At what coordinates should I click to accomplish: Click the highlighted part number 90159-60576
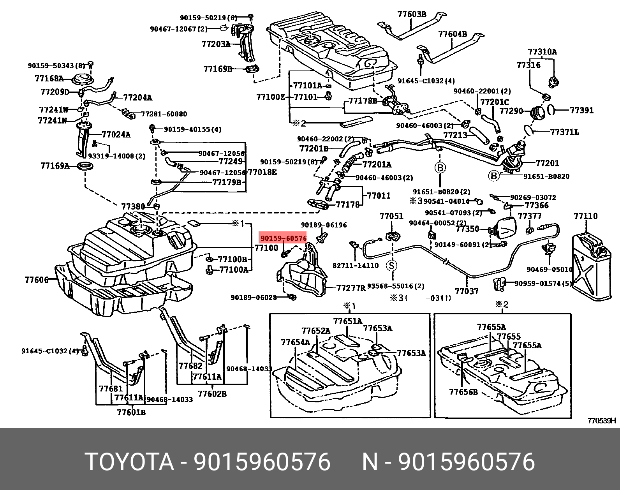pyautogui.click(x=284, y=238)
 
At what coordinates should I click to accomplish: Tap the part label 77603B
pyautogui.click(x=412, y=14)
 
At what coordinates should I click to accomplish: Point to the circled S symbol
pyautogui.click(x=392, y=266)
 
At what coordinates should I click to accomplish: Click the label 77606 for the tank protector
pyautogui.click(x=36, y=280)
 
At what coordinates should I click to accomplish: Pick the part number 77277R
pyautogui.click(x=351, y=288)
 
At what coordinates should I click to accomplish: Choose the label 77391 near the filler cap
pyautogui.click(x=581, y=110)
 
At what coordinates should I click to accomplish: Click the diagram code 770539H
pyautogui.click(x=602, y=421)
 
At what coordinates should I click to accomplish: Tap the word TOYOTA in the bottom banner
pyautogui.click(x=129, y=462)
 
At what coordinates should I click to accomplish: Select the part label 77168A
pyautogui.click(x=49, y=79)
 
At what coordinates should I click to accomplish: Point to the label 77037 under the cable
pyautogui.click(x=467, y=291)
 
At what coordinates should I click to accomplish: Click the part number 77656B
pyautogui.click(x=463, y=392)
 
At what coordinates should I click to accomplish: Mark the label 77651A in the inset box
pyautogui.click(x=347, y=321)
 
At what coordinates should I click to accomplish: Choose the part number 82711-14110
pyautogui.click(x=356, y=266)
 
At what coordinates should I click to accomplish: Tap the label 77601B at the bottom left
pyautogui.click(x=131, y=412)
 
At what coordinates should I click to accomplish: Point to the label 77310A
pyautogui.click(x=542, y=52)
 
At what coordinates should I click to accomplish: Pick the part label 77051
pyautogui.click(x=391, y=216)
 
